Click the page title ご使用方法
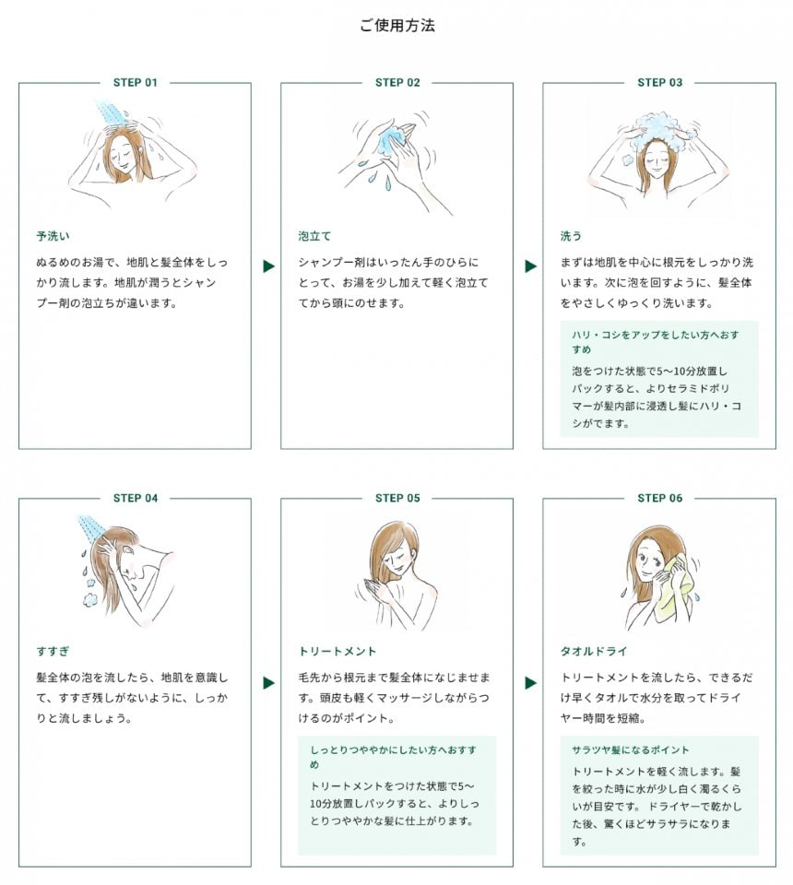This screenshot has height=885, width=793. [397, 26]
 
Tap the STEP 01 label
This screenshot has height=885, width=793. [135, 82]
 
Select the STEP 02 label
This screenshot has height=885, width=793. [397, 82]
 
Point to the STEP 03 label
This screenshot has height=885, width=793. [660, 82]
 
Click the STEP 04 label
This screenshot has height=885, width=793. [135, 498]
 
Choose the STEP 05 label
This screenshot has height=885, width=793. [397, 498]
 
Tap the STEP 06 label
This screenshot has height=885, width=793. [660, 498]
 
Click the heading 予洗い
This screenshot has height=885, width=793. [53, 236]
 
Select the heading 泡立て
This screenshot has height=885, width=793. [315, 236]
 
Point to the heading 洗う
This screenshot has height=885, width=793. [571, 236]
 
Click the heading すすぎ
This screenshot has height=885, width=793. [53, 652]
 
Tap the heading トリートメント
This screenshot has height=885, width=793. [337, 652]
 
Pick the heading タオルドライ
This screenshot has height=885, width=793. [594, 652]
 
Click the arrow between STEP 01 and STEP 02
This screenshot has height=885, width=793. [268, 265]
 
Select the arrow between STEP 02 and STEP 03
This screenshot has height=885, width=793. [530, 265]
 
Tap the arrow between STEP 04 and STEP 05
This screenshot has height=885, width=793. [268, 683]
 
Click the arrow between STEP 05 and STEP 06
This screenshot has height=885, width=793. [530, 683]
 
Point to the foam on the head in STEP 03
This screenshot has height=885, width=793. [660, 129]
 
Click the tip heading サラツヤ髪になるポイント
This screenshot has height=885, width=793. [631, 750]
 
